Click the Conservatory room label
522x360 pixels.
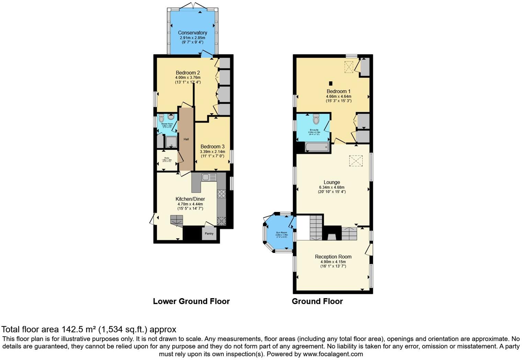click(192, 33)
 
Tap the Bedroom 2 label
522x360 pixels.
click(188, 73)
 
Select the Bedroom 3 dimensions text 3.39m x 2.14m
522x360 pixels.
click(213, 151)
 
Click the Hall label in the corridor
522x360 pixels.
click(186, 139)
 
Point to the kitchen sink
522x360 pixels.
click(209, 177)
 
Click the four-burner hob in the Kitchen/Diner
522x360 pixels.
click(222, 194)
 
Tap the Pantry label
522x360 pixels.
click(209, 234)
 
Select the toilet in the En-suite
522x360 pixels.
click(316, 119)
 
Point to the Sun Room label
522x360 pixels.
click(282, 233)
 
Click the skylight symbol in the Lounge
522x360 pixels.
click(356, 161)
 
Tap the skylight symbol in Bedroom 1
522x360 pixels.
click(349, 67)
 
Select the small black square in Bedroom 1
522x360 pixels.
click(330, 83)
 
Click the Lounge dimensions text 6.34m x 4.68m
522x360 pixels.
click(331, 187)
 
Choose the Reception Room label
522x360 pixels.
click(333, 257)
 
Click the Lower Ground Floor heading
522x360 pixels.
click(191, 301)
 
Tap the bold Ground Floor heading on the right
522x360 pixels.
click(317, 301)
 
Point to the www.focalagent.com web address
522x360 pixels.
click(333, 354)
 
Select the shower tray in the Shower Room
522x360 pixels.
click(171, 142)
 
